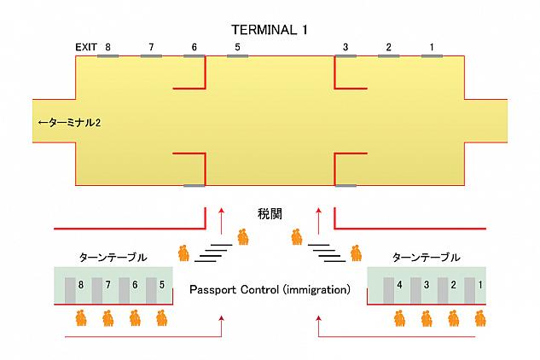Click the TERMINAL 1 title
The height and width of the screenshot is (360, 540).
[270, 29]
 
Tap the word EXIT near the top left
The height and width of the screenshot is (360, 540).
[85, 47]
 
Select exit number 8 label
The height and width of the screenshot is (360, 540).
[108, 47]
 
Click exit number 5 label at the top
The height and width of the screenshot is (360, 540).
[238, 47]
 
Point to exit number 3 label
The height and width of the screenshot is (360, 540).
[345, 47]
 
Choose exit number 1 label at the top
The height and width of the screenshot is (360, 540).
[432, 47]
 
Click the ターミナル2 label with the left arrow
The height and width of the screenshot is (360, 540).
[70, 123]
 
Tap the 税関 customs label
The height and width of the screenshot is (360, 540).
[270, 212]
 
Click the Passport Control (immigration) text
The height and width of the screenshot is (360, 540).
[270, 289]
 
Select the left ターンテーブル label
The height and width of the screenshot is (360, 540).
[113, 257]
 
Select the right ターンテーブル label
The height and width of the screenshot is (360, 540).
[426, 257]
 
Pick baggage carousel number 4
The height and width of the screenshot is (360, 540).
[399, 285]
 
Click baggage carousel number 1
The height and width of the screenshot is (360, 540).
[480, 285]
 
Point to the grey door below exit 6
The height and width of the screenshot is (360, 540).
[195, 56]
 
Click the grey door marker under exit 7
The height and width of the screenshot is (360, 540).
[151, 56]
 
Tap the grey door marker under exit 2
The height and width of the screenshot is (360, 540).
[388, 56]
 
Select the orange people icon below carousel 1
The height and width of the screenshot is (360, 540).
[480, 319]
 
